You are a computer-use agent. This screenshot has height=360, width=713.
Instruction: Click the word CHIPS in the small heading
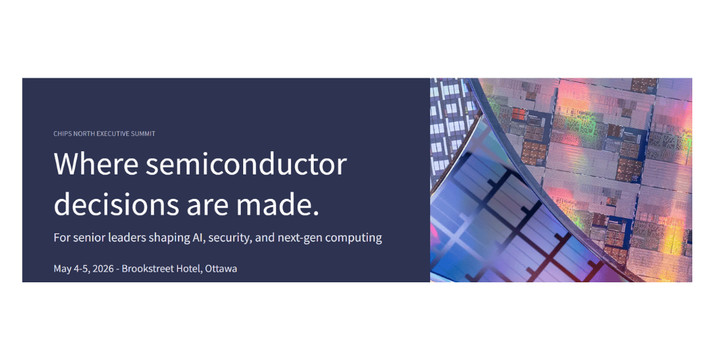pos(61,133)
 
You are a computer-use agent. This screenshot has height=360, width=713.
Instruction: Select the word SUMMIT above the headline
pos(143,133)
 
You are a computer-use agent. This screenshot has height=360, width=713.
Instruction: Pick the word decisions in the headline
pos(116,204)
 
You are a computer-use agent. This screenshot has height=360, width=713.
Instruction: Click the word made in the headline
pos(277,204)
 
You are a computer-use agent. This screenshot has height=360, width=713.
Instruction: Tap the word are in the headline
pos(207,207)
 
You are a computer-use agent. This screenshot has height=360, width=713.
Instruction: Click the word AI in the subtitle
pos(198,237)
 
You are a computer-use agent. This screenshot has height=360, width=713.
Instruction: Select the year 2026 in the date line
pos(103,269)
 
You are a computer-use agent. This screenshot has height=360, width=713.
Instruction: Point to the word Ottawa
pos(221,269)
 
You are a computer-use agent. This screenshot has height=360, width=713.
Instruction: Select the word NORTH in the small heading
pos(82,133)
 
